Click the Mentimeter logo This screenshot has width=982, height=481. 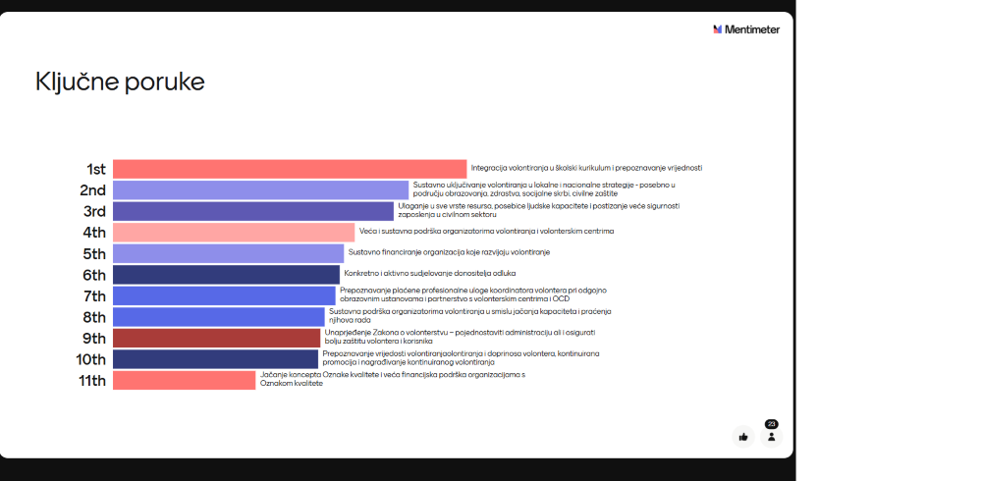click(746, 29)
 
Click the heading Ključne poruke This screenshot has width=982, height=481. click(120, 81)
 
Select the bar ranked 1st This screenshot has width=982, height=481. click(290, 169)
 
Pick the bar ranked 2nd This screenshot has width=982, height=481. click(260, 190)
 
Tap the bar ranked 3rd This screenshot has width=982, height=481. click(252, 211)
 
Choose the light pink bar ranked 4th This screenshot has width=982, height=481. click(234, 233)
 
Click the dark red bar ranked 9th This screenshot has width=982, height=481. click(216, 338)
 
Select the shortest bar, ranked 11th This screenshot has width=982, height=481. click(184, 380)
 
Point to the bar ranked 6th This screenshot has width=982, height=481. click(226, 274)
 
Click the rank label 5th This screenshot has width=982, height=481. click(94, 253)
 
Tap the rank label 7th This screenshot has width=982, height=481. click(94, 295)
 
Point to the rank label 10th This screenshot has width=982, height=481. click(91, 359)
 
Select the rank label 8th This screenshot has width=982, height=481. click(94, 317)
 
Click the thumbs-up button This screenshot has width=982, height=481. click(743, 437)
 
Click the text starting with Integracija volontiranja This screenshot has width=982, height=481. click(586, 168)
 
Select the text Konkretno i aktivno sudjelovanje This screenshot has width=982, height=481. click(429, 273)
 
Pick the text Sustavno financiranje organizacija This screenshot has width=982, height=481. click(449, 252)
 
